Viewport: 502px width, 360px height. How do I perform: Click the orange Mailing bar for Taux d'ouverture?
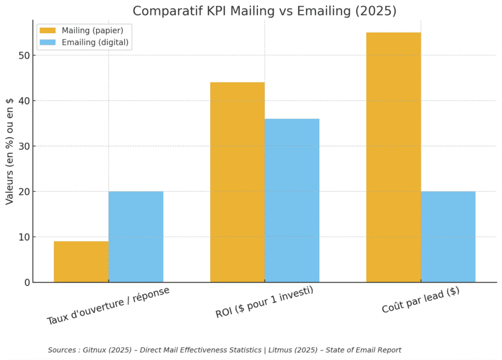pos(81,262)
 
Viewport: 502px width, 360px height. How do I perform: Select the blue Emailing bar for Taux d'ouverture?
pos(136,237)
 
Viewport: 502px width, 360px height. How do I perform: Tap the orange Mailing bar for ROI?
pos(237,182)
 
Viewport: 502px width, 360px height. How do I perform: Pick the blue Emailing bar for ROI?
pos(292,200)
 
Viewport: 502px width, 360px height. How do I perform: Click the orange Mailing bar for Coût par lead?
pos(393,157)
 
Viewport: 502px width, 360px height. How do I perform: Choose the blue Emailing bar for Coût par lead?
pos(448,237)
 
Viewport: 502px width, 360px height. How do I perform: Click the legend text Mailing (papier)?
pos(92,30)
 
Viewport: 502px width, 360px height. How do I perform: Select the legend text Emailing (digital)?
pos(95,42)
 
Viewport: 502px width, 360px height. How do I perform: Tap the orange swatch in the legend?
pos(48,30)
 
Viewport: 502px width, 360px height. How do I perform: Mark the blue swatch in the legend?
pos(48,42)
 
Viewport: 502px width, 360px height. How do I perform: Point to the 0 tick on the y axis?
pos(26,283)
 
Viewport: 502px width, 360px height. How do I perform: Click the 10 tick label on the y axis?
pos(23,237)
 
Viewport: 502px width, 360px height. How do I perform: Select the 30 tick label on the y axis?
pos(23,147)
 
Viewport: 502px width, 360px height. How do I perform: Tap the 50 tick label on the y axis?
pos(23,56)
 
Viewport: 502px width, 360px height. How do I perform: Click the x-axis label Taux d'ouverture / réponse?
pos(108,305)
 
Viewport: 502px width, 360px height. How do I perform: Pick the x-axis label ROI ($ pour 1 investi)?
pos(264,302)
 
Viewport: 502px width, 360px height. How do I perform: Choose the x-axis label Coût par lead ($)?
pos(421,300)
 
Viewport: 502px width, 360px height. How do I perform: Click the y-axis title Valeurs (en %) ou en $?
pos(10,151)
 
